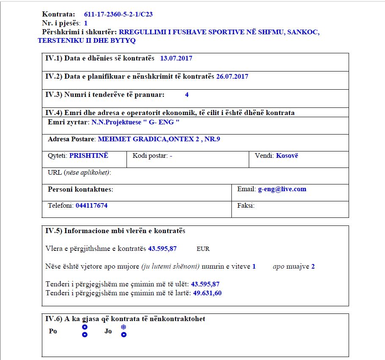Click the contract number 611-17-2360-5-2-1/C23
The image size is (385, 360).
[x=118, y=14]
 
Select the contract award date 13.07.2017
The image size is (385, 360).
[x=176, y=58]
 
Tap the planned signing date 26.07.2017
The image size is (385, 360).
[x=232, y=77]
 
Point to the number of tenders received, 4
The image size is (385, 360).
[x=187, y=95]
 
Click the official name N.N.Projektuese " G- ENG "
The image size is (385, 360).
[x=135, y=122]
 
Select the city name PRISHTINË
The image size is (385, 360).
[x=89, y=156]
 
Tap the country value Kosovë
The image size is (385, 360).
[x=287, y=156]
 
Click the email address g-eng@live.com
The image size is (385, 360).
[x=282, y=189]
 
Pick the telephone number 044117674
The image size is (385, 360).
[x=91, y=206]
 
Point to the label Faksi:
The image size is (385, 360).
[x=246, y=206]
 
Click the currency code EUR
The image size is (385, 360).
[x=203, y=249]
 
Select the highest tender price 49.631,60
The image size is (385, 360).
[x=207, y=293]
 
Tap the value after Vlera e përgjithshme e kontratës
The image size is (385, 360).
[x=162, y=249]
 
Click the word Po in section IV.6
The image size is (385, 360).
[x=53, y=331]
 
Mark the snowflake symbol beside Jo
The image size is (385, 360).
[x=124, y=327]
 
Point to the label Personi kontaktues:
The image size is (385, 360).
[x=80, y=189]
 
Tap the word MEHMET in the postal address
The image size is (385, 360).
[x=112, y=139]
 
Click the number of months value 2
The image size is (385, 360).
[x=313, y=267]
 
